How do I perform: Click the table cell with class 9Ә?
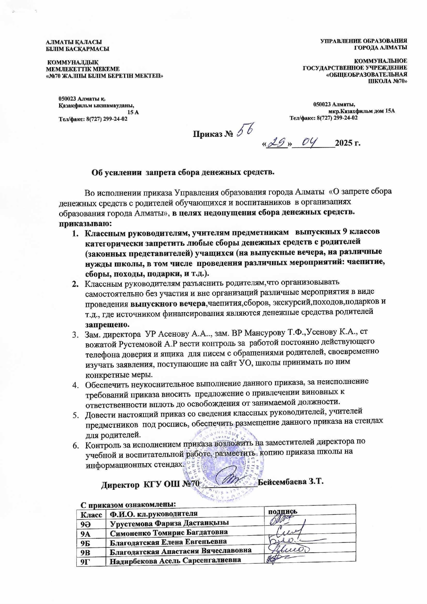85,523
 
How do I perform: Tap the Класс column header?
91,515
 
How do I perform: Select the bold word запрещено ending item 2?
107,325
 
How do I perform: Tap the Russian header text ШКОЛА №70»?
388,82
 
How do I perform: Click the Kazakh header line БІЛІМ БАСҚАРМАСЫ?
78,49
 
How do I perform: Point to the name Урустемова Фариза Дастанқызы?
169,523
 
